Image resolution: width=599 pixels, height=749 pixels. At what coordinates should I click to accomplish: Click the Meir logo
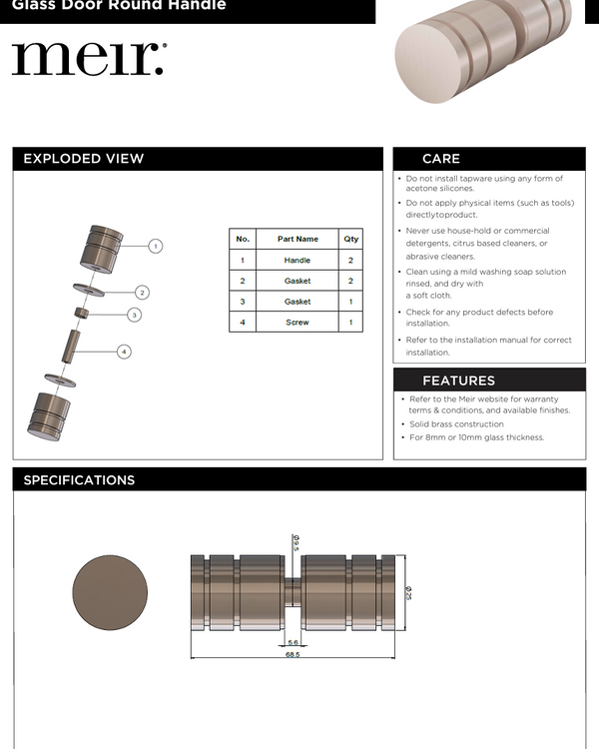[x=88, y=59]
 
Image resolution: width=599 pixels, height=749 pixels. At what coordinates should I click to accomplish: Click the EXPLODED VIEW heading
[x=84, y=159]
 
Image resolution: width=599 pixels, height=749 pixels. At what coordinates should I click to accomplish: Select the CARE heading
[x=441, y=159]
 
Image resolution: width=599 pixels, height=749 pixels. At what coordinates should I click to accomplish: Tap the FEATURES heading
[x=458, y=380]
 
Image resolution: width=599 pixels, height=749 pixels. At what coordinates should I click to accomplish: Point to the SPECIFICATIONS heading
[x=79, y=480]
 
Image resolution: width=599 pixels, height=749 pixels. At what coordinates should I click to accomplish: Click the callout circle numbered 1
[x=156, y=246]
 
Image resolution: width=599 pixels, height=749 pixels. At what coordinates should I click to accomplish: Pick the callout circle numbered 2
[x=143, y=293]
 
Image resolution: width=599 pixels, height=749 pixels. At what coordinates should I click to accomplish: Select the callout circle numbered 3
[x=134, y=315]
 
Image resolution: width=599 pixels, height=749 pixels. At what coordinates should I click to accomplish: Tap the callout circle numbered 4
[x=124, y=352]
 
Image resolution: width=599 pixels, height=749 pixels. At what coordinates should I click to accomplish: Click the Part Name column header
[x=298, y=240]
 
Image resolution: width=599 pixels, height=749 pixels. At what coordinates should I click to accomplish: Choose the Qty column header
[x=351, y=240]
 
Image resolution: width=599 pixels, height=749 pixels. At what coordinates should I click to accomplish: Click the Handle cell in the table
[x=298, y=261]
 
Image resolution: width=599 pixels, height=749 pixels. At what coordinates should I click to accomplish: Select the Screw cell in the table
[x=298, y=323]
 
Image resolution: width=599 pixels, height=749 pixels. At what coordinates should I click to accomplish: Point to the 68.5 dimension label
[x=293, y=654]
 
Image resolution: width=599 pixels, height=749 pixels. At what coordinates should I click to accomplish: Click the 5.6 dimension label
[x=293, y=642]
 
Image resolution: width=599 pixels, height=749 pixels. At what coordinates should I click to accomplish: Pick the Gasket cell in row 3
[x=298, y=302]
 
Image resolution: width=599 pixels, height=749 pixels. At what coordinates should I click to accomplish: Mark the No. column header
[x=243, y=240]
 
